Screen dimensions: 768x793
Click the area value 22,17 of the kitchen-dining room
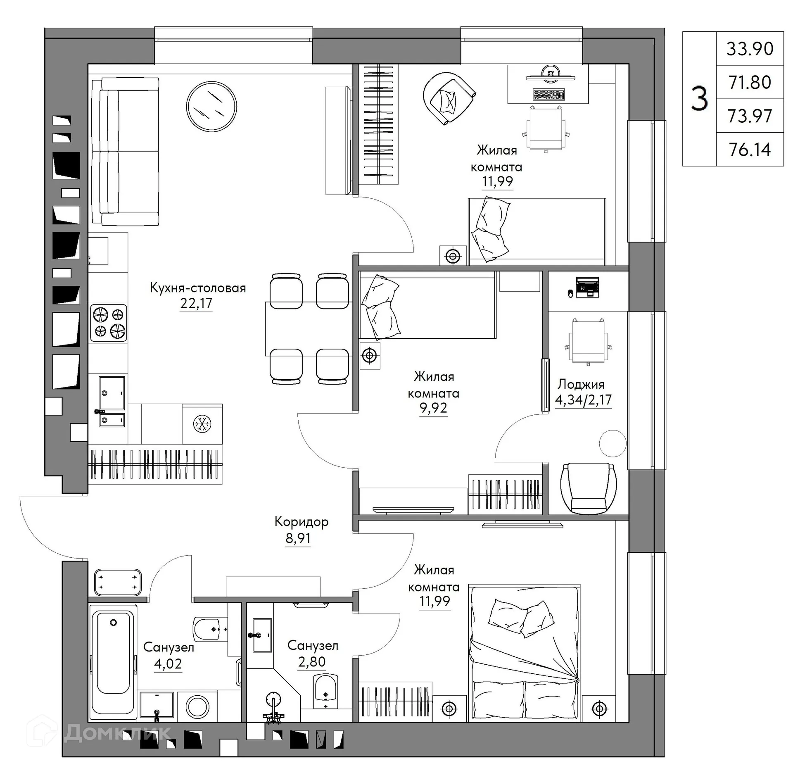pos(196,304)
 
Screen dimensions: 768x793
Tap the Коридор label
pos(301,522)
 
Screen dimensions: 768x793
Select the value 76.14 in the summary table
pos(749,150)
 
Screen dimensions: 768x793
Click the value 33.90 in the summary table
pos(749,49)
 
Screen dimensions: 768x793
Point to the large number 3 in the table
pos(699,99)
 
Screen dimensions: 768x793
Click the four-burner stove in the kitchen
pos(109,323)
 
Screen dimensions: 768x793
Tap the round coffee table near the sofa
pos(211,107)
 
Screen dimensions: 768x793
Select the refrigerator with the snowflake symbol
pos(202,424)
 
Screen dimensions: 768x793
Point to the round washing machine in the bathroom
pos(197,706)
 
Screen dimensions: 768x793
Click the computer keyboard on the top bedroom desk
pos(548,95)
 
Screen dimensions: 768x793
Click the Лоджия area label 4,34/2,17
pos(583,400)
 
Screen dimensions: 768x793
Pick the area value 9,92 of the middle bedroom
pos(433,408)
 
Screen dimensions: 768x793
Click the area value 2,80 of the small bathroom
pos(312,661)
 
